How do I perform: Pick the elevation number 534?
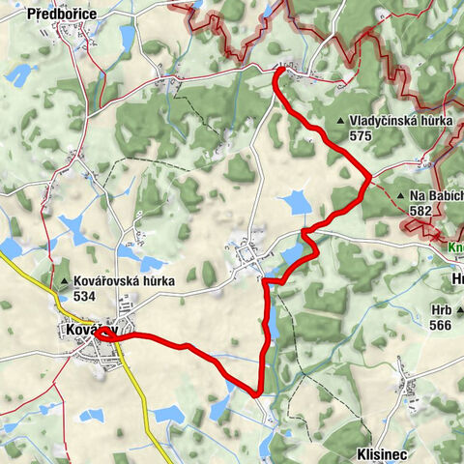tap(84, 297)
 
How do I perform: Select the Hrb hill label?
tap(441, 311)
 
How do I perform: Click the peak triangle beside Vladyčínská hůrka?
tap(341, 122)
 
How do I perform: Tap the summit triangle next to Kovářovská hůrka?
tap(64, 283)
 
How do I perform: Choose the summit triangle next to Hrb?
tap(460, 311)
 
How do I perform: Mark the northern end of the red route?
tap(279, 69)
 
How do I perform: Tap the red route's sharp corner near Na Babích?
tap(370, 177)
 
